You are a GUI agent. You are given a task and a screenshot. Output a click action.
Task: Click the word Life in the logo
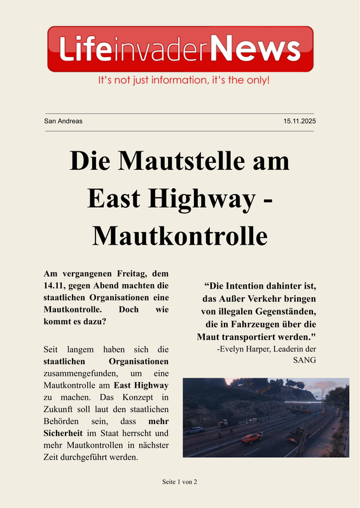point(83,48)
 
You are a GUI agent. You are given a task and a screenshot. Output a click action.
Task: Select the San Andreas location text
point(64,121)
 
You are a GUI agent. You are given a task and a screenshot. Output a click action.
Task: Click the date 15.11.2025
point(300,121)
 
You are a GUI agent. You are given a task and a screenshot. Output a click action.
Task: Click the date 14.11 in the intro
point(55,285)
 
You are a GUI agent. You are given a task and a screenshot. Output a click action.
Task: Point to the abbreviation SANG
point(304,360)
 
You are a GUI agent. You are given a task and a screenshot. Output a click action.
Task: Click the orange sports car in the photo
point(251,438)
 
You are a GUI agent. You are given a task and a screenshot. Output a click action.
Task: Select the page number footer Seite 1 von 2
point(180,482)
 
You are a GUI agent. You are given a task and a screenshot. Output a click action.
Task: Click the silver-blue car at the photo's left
point(195,430)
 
